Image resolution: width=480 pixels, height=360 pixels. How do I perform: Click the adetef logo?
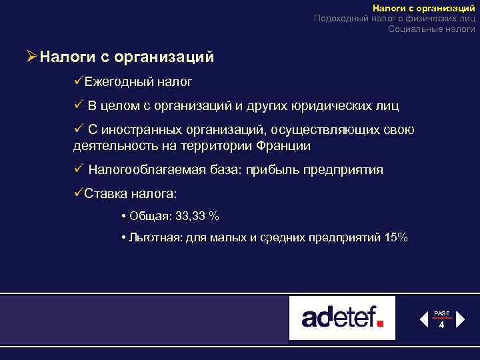tap(342, 317)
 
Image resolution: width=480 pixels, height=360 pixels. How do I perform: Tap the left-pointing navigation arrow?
tap(424, 320)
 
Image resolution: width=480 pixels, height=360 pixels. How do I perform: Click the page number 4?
tap(441, 325)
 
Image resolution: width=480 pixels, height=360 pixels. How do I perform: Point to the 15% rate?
tap(397, 238)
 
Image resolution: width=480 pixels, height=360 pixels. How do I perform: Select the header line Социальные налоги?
tap(431, 29)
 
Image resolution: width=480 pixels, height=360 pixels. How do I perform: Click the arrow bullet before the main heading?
tap(31, 56)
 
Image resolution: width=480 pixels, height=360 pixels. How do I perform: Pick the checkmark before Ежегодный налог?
tap(78, 82)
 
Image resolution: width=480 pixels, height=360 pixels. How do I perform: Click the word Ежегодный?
tap(117, 82)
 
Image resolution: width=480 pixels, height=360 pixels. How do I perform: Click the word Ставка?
tap(105, 193)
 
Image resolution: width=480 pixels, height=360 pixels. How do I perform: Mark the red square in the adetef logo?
tap(380, 323)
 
